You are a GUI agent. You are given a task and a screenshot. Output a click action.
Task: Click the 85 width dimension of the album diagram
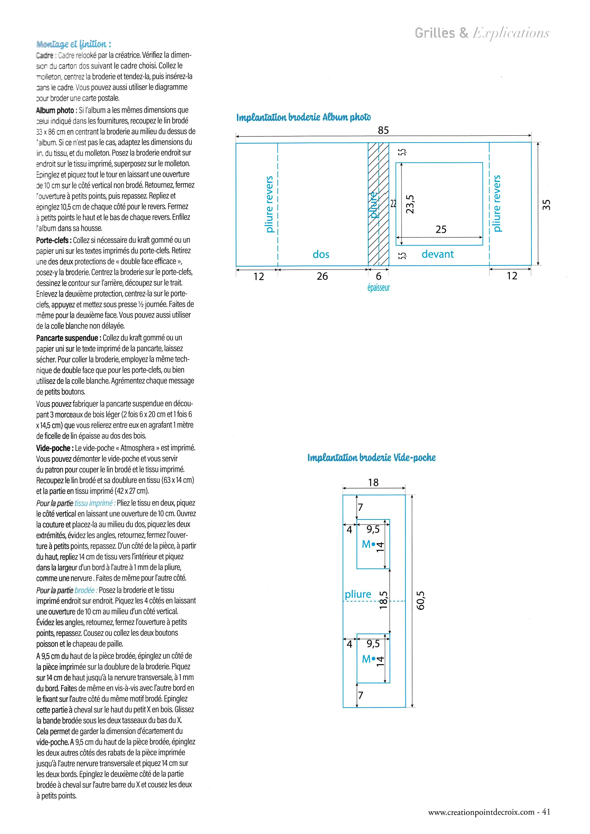click(383, 130)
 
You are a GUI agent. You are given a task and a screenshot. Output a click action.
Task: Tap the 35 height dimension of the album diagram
click(546, 205)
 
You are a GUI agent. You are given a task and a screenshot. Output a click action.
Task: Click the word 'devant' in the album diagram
click(438, 254)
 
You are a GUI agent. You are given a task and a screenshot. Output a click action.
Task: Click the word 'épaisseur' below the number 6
click(378, 288)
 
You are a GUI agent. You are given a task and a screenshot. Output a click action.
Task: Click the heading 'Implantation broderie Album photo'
click(303, 117)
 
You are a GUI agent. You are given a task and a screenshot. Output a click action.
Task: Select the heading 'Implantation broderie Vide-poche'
click(371, 458)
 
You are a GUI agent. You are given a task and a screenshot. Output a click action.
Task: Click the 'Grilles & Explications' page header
click(482, 33)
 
